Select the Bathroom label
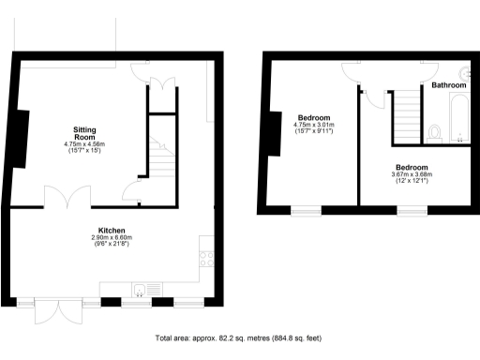click(448, 85)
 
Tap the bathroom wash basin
click(466, 73)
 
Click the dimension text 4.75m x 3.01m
click(314, 125)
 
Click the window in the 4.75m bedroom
click(307, 211)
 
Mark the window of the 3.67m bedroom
click(412, 211)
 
